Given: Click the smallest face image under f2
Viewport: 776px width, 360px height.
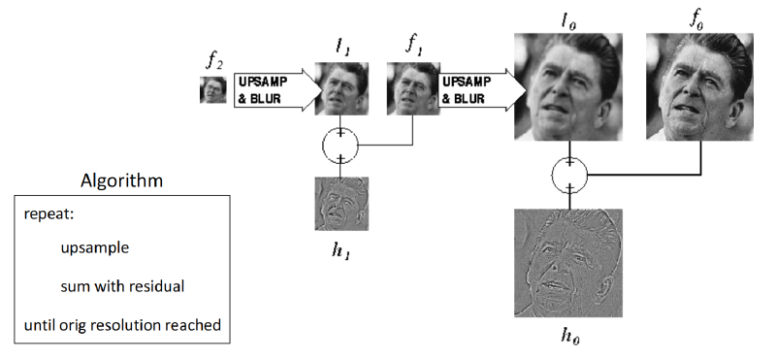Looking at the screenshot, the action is (x=212, y=89).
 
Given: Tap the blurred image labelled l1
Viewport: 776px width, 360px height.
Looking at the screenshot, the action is (x=341, y=88).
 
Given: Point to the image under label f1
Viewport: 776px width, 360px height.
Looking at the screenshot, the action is (x=413, y=88).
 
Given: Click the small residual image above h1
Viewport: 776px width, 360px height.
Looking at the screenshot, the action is (x=341, y=204).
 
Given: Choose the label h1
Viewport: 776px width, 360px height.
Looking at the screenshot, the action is (x=341, y=250).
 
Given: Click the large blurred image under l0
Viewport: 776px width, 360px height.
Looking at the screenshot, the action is (x=568, y=86).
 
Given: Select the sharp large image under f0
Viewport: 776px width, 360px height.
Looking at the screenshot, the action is (x=699, y=86).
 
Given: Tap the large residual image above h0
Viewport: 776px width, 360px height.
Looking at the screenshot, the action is (x=568, y=263).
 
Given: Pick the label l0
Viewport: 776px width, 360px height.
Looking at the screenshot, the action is (x=567, y=21).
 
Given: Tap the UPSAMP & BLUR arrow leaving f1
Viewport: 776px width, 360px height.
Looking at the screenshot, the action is (x=480, y=90).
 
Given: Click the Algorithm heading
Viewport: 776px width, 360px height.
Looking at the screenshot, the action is (x=122, y=180).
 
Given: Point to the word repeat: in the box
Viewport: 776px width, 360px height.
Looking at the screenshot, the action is (x=48, y=215).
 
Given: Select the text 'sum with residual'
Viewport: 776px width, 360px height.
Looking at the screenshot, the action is (x=122, y=286).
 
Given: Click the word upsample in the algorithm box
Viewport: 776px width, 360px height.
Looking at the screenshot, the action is (x=94, y=247).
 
